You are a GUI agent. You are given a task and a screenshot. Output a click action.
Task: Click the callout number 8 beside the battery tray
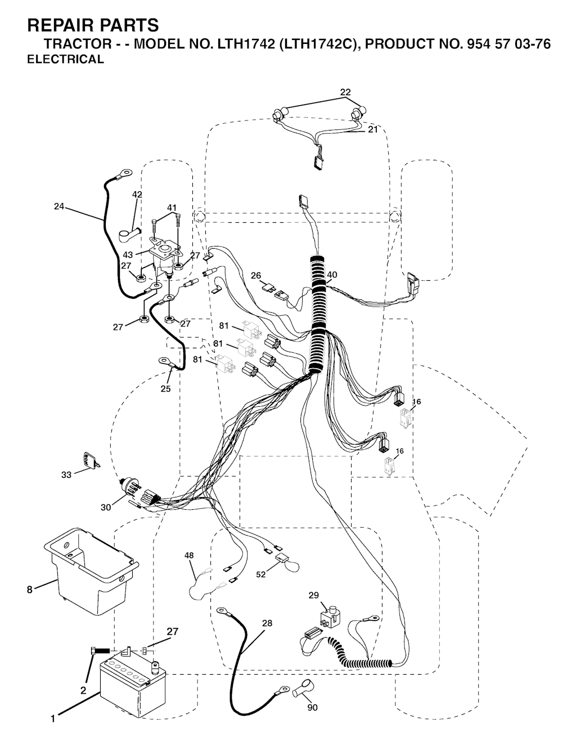(x=30, y=590)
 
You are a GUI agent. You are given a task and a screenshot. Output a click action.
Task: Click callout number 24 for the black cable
(x=59, y=207)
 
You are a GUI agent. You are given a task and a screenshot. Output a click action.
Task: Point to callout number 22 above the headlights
(x=345, y=92)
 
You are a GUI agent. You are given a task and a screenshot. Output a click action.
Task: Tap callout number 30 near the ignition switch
(x=106, y=507)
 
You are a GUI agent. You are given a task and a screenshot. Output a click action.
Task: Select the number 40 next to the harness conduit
(x=332, y=275)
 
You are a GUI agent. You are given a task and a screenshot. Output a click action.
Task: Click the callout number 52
(x=260, y=575)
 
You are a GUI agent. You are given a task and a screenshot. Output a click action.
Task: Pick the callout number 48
(x=189, y=555)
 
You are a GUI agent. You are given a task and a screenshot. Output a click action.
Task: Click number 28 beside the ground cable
(x=267, y=623)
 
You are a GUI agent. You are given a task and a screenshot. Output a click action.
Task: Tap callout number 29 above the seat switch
(x=313, y=595)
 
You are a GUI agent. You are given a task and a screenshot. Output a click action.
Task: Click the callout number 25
(x=165, y=388)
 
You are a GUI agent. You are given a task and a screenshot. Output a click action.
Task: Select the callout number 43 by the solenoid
(x=128, y=255)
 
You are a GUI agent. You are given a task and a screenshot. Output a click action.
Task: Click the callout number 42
(x=137, y=194)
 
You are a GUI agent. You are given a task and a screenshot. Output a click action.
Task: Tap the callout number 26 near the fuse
(x=256, y=275)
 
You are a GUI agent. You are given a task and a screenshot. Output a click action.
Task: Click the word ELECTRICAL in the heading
(x=66, y=60)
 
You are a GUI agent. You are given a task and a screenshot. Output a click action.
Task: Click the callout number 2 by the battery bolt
(x=83, y=690)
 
